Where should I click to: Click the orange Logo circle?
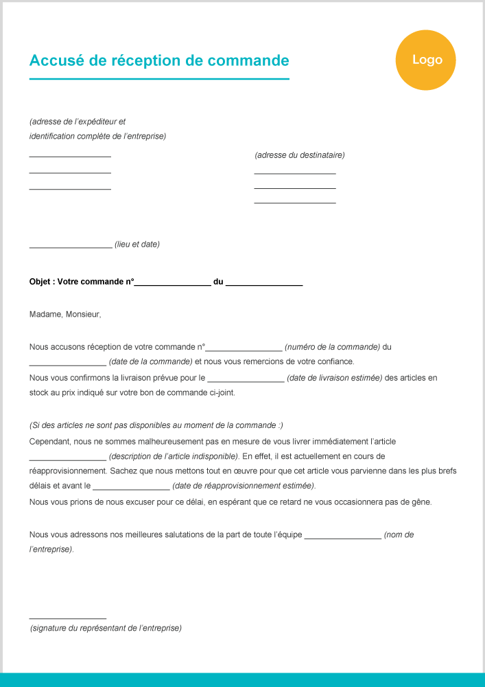(x=425, y=60)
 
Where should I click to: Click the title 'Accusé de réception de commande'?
(x=159, y=60)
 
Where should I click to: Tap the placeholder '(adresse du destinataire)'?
(x=300, y=155)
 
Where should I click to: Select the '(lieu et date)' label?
(x=137, y=245)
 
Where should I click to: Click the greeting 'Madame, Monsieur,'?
(x=65, y=315)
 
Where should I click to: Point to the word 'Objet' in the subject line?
(x=40, y=282)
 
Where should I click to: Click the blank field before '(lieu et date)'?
(x=71, y=246)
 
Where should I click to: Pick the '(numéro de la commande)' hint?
(x=332, y=348)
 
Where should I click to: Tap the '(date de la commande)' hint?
(x=150, y=361)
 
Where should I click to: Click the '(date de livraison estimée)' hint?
(x=334, y=378)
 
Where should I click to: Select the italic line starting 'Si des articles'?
(x=156, y=426)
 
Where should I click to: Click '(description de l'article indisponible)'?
(x=174, y=456)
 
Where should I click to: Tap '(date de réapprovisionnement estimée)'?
(x=244, y=486)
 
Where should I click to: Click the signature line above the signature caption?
(x=68, y=618)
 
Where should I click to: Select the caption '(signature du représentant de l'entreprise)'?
(x=106, y=628)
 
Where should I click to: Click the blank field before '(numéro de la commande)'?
(x=244, y=349)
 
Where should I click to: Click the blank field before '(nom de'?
(x=342, y=537)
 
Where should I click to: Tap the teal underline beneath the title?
(x=159, y=79)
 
